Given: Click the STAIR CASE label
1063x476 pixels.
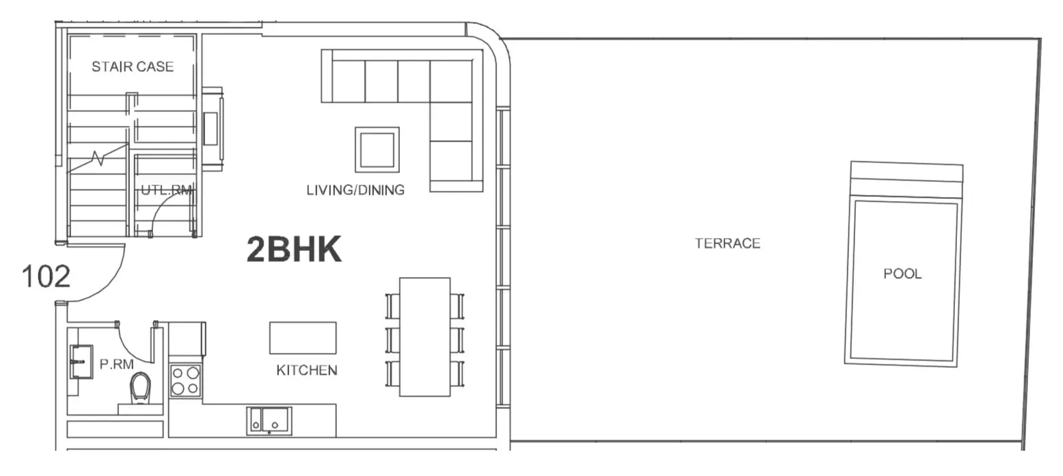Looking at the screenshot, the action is tap(133, 66).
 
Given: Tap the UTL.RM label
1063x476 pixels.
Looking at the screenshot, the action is tap(167, 190).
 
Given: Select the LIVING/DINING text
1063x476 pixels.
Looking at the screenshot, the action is tap(355, 190).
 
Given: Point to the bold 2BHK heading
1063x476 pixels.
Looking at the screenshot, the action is tap(294, 250).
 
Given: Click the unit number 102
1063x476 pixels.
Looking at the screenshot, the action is tap(46, 276).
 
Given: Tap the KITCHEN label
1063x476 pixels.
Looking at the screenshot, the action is tap(306, 371).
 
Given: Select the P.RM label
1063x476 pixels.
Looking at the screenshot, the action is tap(116, 365).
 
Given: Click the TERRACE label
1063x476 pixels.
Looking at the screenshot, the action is tap(727, 243).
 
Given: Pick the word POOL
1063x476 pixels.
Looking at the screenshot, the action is tap(902, 274).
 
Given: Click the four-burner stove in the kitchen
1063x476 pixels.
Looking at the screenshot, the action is tap(185, 381).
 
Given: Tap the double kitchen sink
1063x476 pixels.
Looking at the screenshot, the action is tap(269, 421).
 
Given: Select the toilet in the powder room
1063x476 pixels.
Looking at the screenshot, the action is tap(140, 387).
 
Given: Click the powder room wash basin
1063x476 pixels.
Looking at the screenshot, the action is tap(81, 362).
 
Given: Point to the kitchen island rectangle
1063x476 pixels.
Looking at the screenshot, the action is tap(303, 338).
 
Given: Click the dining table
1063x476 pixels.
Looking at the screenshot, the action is tap(425, 337).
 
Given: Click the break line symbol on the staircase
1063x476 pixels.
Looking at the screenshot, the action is tap(98, 159).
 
